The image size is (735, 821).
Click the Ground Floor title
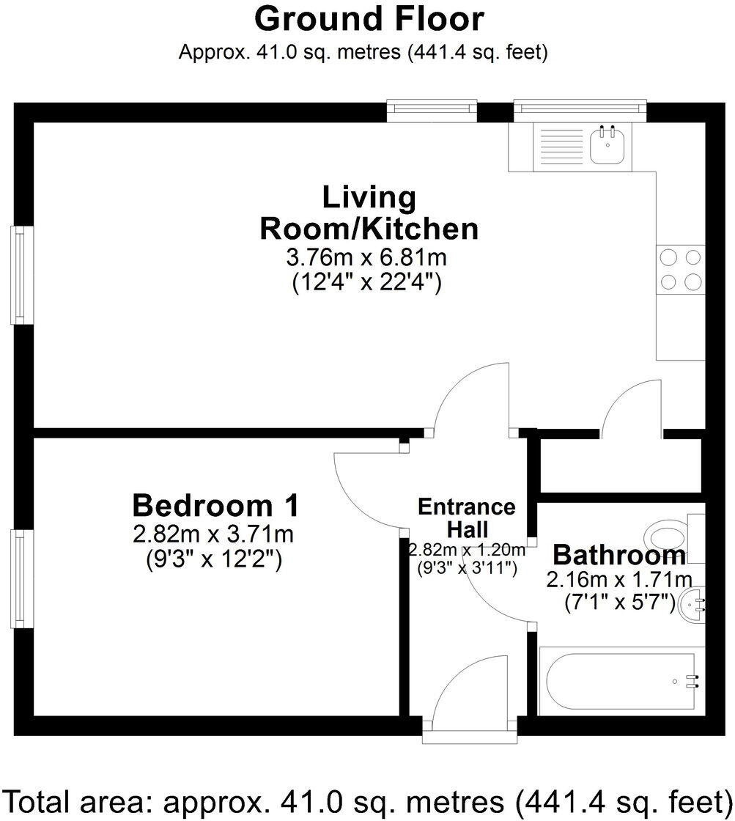click(369, 20)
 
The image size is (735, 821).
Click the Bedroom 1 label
click(215, 505)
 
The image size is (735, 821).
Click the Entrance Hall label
click(467, 517)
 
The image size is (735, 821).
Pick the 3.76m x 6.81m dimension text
click(367, 258)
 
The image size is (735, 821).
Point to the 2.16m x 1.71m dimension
click(619, 581)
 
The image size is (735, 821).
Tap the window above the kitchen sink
click(580, 111)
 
